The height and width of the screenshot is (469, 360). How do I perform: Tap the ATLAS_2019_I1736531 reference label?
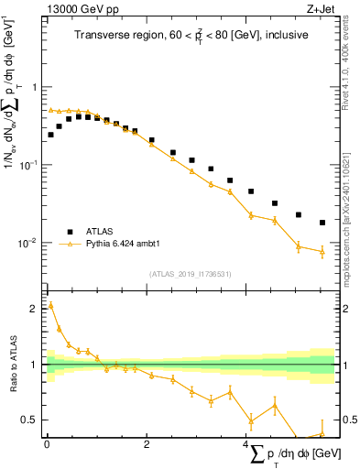(x=191, y=272)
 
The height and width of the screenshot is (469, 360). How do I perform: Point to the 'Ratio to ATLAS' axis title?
(x=12, y=364)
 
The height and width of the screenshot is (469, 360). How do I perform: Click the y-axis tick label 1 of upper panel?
(x=35, y=87)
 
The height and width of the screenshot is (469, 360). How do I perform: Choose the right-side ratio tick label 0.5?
(x=347, y=420)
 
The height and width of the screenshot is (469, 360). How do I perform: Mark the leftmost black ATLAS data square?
(x=50, y=135)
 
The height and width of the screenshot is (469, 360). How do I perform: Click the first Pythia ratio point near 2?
(x=50, y=305)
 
